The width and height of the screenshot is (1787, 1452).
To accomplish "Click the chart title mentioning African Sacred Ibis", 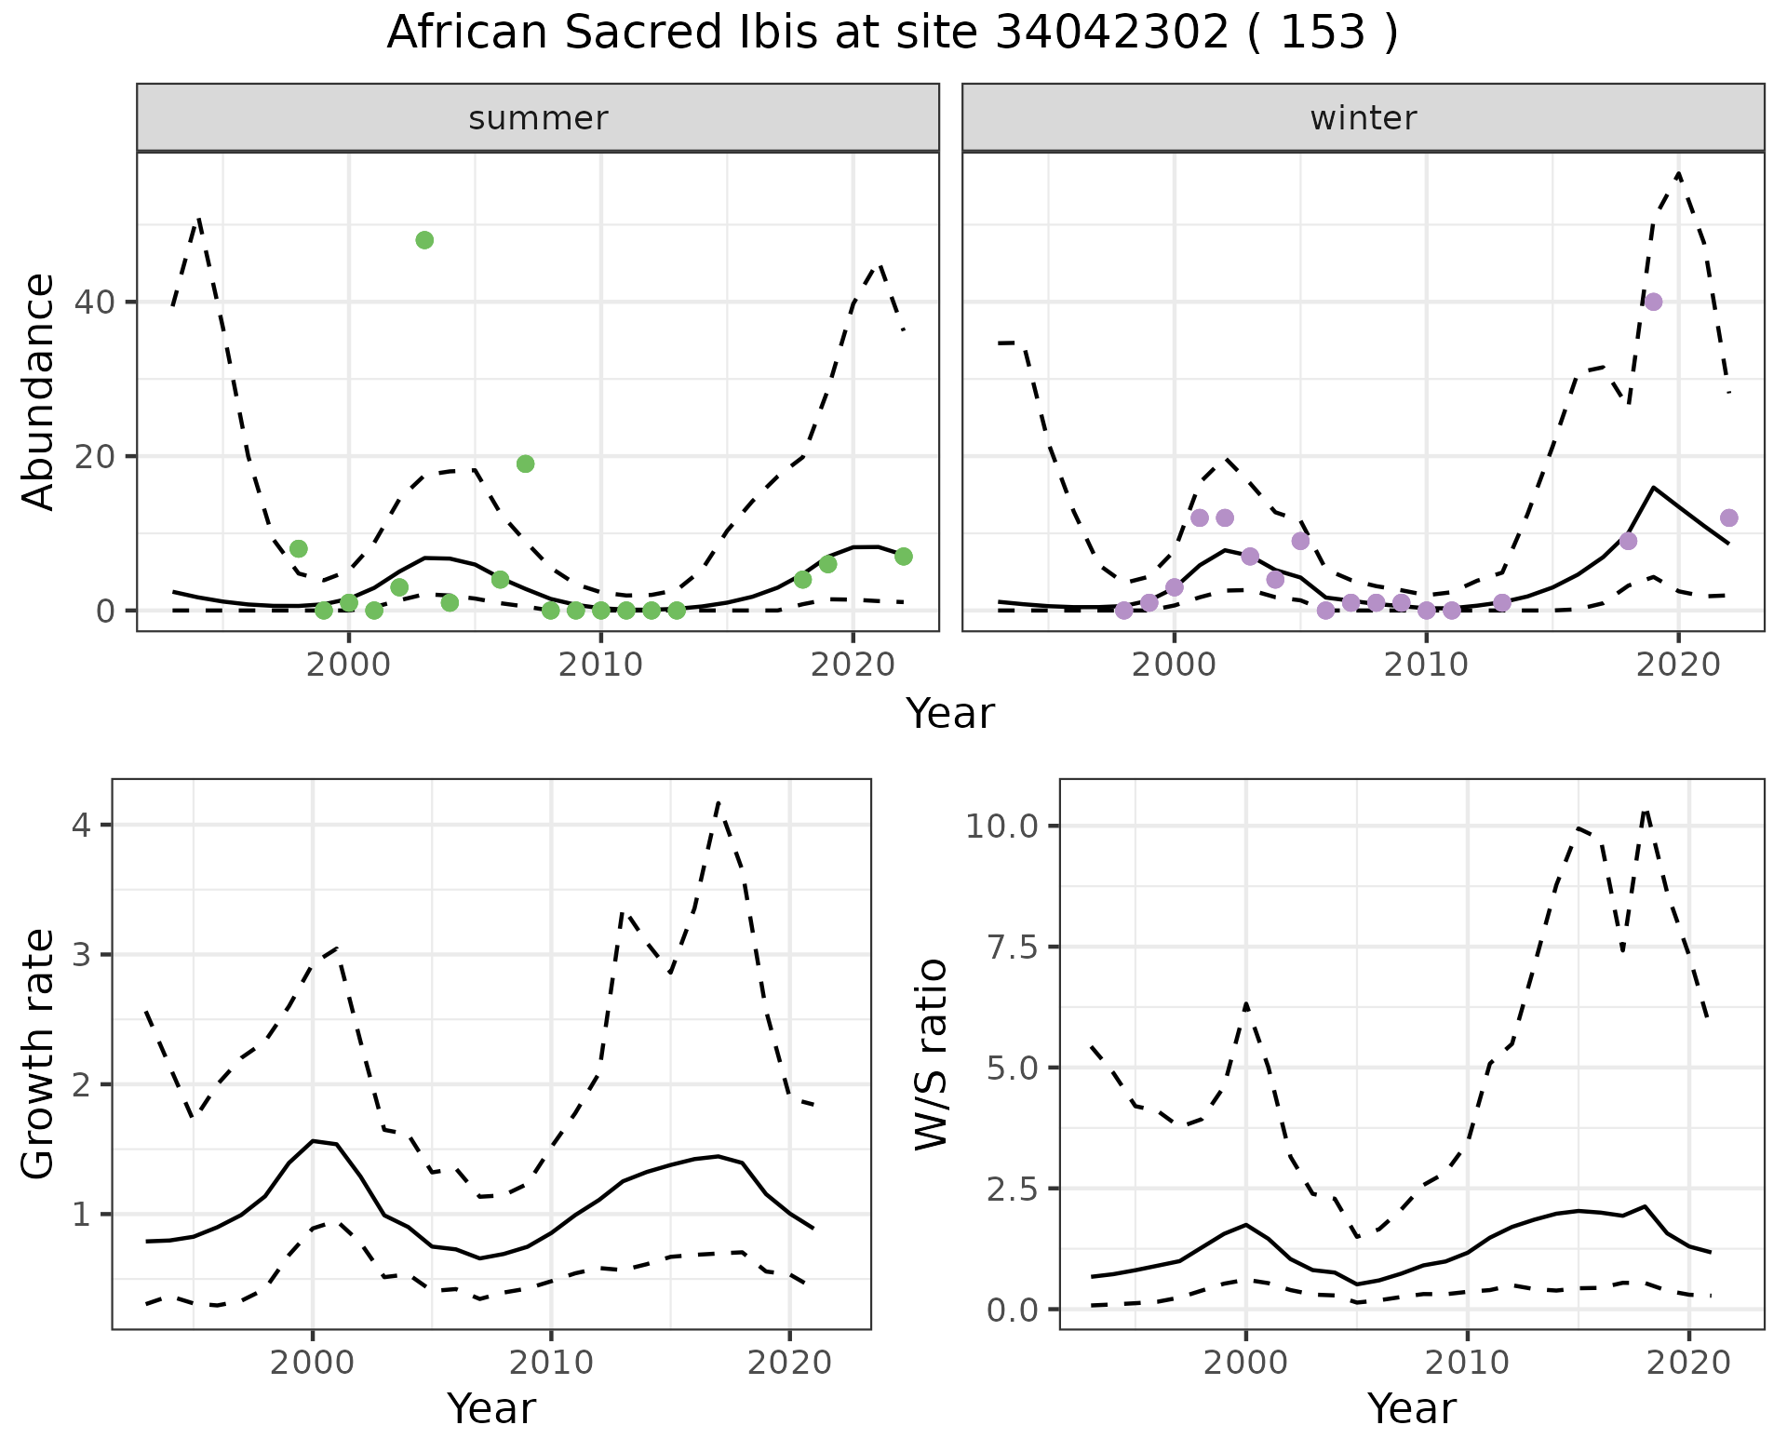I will point(892,34).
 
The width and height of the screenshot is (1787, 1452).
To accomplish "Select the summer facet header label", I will point(538,118).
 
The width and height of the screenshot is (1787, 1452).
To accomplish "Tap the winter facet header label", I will point(1363,118).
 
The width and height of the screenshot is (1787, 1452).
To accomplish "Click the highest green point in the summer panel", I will point(424,240).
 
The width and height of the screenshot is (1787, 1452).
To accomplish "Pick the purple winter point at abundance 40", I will point(1653,302).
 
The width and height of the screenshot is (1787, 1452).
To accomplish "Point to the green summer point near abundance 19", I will point(525,464).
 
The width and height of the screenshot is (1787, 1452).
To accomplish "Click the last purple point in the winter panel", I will point(1728,518).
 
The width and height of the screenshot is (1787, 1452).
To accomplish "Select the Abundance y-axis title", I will point(39,392).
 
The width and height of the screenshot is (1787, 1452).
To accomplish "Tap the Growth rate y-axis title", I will point(39,1055).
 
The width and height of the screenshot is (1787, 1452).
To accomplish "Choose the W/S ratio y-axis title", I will point(931,1055).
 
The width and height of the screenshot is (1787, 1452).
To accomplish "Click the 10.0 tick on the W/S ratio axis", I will point(1002,827).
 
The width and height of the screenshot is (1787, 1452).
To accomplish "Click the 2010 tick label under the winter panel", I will point(1426,665).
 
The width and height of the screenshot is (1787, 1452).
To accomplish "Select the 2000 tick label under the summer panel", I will point(349,665).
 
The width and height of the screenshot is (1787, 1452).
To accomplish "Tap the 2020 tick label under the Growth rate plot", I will point(789,1363).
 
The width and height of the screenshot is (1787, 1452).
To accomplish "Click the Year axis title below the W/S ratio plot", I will point(1411,1409).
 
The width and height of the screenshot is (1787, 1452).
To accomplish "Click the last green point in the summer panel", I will point(903,556).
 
